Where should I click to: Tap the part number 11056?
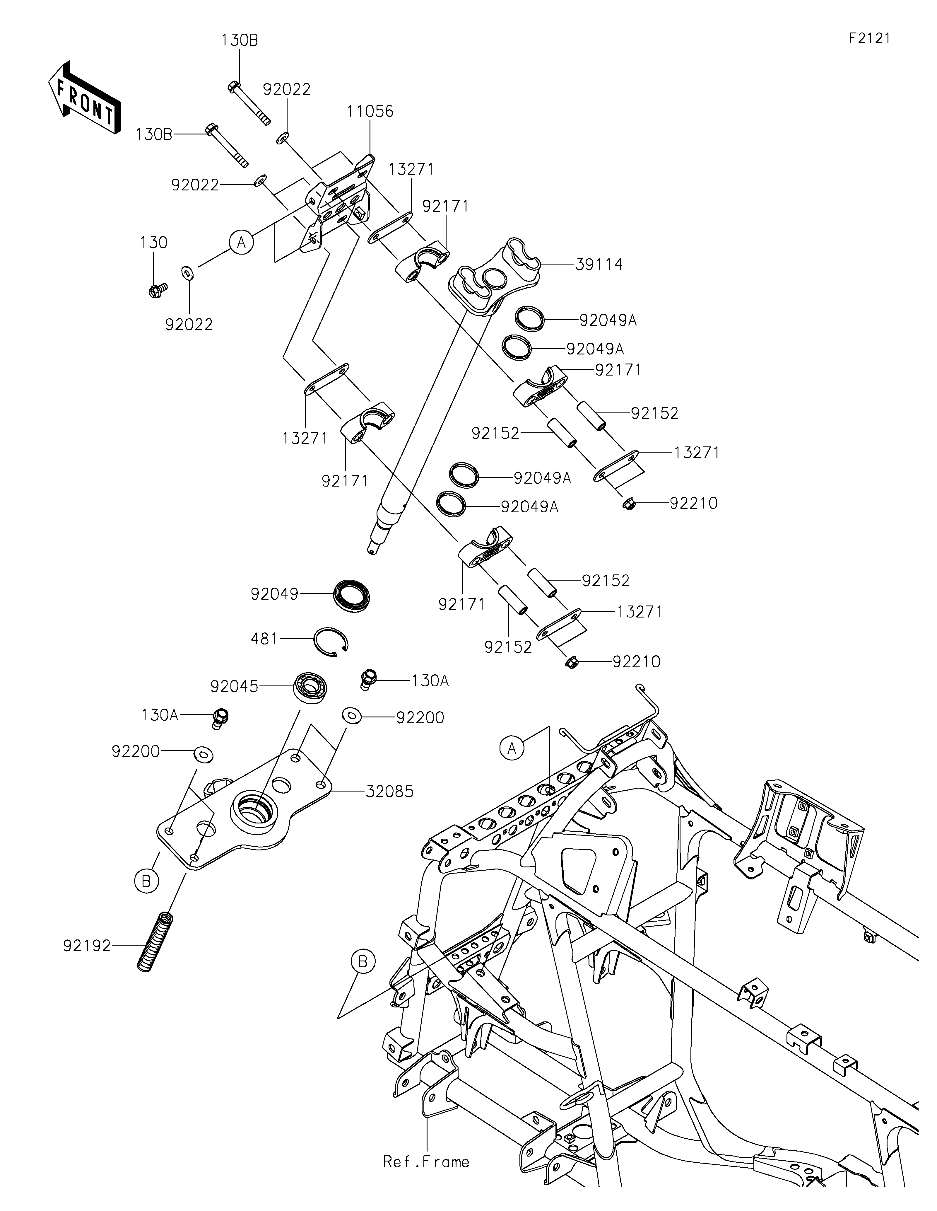pyautogui.click(x=370, y=111)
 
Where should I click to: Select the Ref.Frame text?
pyautogui.click(x=426, y=1162)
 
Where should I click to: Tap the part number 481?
pyautogui.click(x=264, y=639)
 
